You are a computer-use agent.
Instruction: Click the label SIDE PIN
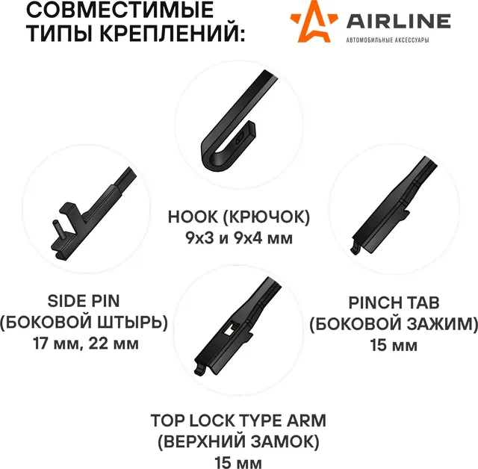tap(84, 301)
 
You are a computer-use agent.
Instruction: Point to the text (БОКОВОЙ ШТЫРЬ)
tap(84, 323)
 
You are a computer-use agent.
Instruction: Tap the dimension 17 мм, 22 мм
tap(84, 344)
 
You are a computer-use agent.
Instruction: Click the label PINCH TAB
tap(394, 303)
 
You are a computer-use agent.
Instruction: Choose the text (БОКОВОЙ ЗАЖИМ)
tap(394, 324)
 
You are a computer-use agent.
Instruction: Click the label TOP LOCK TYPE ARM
tap(238, 420)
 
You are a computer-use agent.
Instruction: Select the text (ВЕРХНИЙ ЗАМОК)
tap(238, 442)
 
